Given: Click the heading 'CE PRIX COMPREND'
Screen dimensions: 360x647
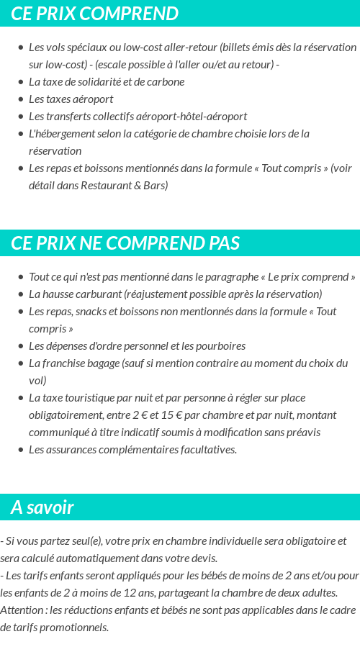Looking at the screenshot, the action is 94,14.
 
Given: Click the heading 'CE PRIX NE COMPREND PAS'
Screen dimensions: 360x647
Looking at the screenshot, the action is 125,243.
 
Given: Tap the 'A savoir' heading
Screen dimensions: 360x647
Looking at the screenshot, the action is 42,507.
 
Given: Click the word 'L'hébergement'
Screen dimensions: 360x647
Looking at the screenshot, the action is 60,133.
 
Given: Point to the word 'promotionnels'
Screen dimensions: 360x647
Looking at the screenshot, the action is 74,627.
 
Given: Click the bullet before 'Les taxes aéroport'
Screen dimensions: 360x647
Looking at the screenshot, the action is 21,99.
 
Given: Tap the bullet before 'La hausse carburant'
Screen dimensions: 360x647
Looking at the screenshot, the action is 21,294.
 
